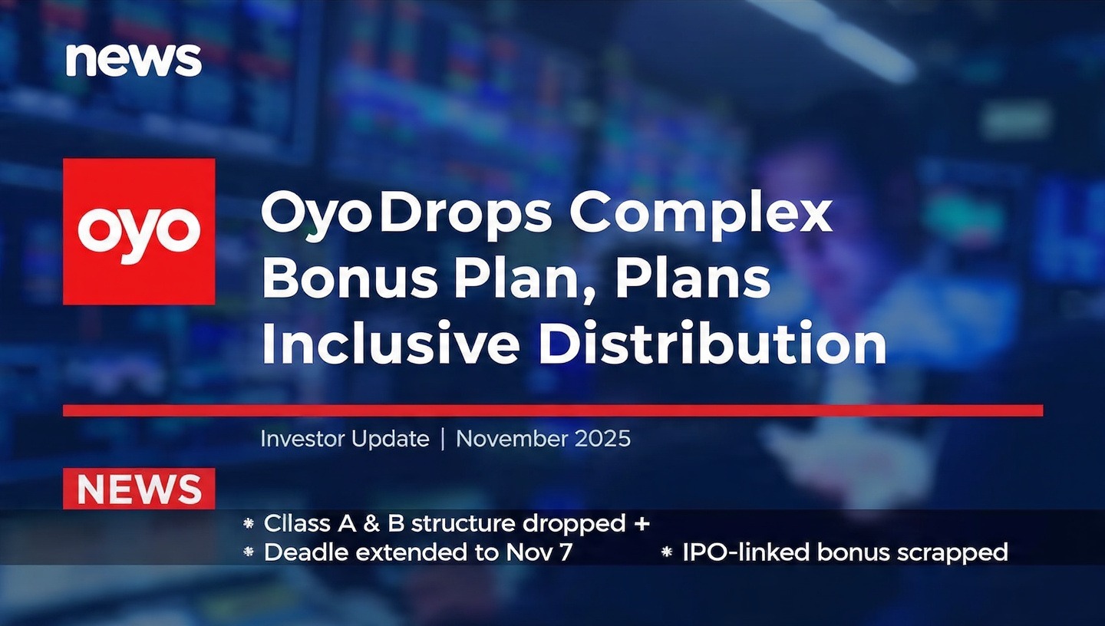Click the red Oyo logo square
139,232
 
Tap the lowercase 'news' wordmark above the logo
134,59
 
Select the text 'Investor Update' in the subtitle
345,439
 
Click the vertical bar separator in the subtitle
443,440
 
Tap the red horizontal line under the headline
552,410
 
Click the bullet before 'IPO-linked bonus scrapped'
666,552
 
